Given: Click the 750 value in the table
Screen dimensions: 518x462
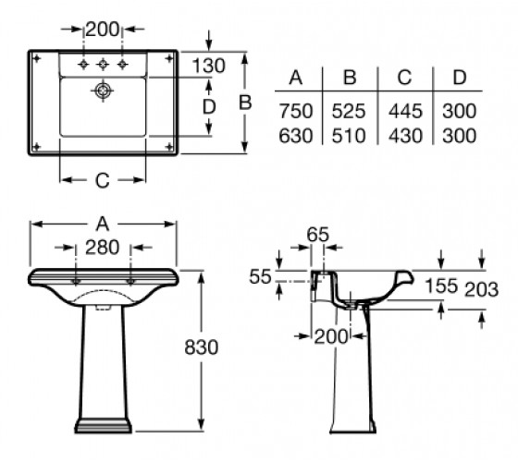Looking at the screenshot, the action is tap(296, 111).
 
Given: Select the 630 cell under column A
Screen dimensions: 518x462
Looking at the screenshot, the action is tap(296, 136).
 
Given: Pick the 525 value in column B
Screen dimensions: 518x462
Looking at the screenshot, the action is tap(349, 111).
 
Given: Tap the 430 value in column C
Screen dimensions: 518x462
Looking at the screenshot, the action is tap(405, 136).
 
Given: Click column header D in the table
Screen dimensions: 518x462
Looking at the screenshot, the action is tap(460, 78).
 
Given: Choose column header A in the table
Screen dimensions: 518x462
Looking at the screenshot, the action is tap(296, 78).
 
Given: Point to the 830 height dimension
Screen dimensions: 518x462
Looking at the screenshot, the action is tap(202, 347).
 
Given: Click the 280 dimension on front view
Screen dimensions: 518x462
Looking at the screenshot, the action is tap(102, 248).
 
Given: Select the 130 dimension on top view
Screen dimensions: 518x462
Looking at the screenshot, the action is tap(209, 66).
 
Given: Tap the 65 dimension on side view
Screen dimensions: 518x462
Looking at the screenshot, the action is tap(318, 235).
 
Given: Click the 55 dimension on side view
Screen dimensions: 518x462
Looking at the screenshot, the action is tap(260, 276).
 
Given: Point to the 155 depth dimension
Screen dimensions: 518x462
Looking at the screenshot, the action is tap(441, 286).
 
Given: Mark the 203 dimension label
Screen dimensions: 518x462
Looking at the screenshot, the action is tap(481, 289).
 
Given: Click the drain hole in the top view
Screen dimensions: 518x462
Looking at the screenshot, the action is tap(103, 91).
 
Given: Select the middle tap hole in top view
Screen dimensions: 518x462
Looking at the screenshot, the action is tap(103, 64).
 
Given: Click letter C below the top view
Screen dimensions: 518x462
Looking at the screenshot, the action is tap(103, 180).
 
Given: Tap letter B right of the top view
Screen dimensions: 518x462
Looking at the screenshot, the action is tap(245, 103).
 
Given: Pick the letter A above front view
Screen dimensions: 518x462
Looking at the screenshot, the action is tap(103, 224).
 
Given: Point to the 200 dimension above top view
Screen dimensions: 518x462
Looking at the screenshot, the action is tap(102, 29).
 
